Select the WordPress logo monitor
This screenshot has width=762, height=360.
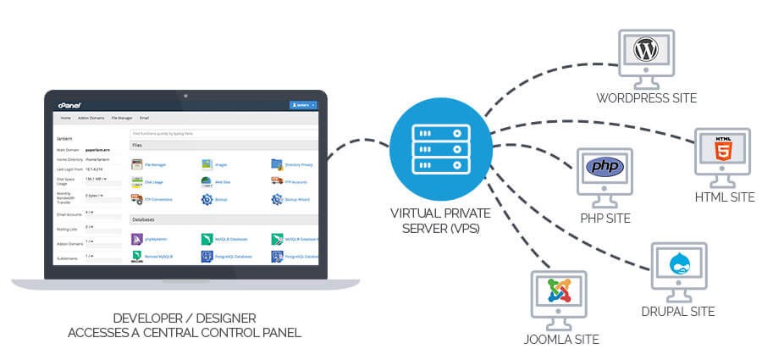pyautogui.click(x=645, y=52)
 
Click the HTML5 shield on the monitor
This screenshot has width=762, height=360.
pyautogui.click(x=722, y=151)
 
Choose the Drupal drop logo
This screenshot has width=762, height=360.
pyautogui.click(x=679, y=265)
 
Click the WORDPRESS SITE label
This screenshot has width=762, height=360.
pyautogui.click(x=645, y=98)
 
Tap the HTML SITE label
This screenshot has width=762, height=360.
pyautogui.click(x=723, y=197)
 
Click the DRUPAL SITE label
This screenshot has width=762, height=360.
pyautogui.click(x=678, y=312)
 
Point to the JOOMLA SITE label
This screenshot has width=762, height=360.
pyautogui.click(x=557, y=340)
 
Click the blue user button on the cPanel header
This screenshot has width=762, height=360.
pyautogui.click(x=302, y=105)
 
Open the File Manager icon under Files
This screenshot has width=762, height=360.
pyautogui.click(x=137, y=164)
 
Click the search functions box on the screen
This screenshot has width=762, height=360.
pyautogui.click(x=224, y=134)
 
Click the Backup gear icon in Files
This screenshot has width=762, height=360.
pyautogui.click(x=207, y=200)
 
